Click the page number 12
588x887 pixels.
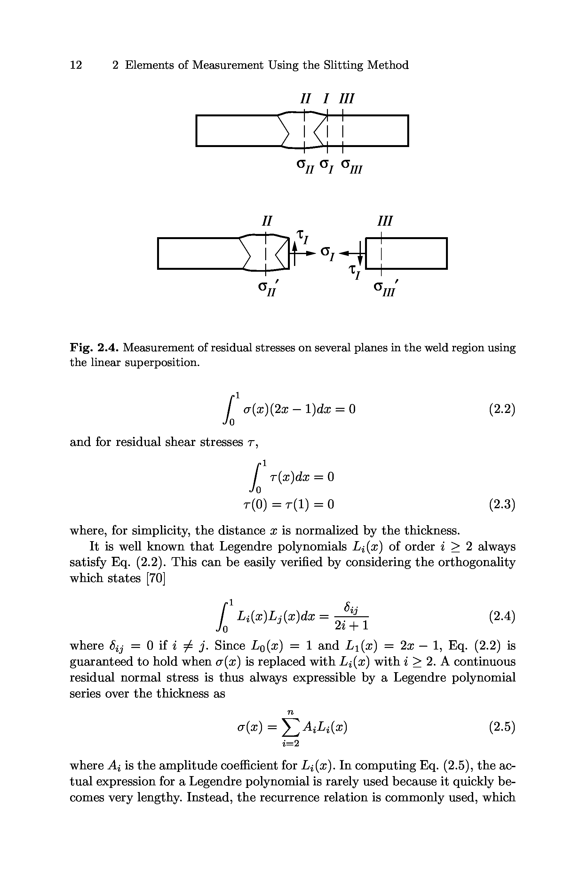click(x=76, y=65)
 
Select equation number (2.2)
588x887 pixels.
click(x=502, y=409)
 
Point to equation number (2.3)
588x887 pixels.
click(x=502, y=505)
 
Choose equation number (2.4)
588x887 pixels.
click(x=502, y=616)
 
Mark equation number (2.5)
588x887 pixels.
click(x=502, y=727)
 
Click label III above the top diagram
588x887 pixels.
click(x=346, y=98)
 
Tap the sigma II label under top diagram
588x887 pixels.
click(x=305, y=166)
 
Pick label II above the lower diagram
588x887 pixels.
click(x=266, y=221)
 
